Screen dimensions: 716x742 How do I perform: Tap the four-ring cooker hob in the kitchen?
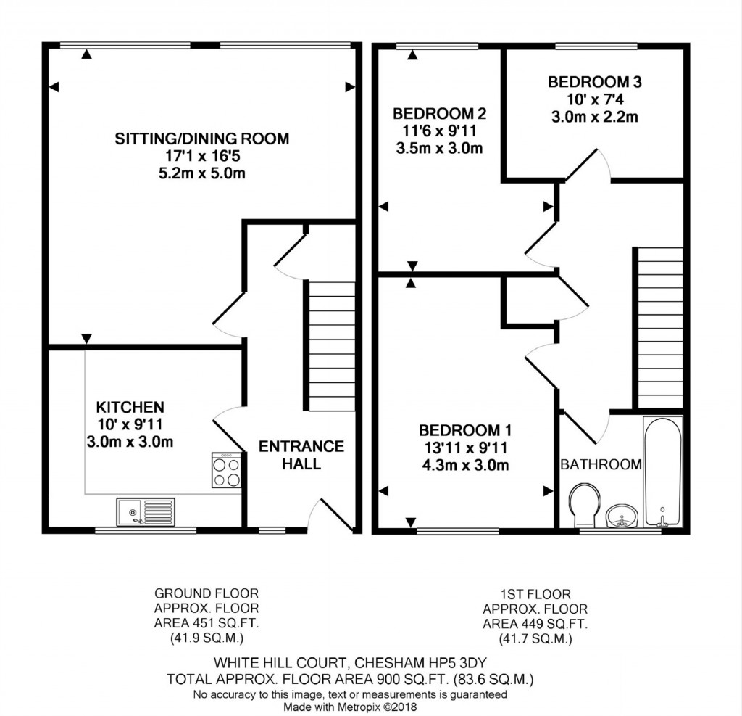[x=226, y=470]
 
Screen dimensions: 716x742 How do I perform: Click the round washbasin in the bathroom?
[x=620, y=517]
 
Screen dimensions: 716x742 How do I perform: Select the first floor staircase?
[x=659, y=327]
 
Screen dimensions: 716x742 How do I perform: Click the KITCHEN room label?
[x=130, y=408]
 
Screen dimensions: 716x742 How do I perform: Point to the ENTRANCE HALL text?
[x=301, y=455]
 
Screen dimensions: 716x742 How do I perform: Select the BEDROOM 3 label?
[x=594, y=82]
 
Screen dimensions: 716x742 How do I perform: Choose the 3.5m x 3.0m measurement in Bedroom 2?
[x=439, y=149]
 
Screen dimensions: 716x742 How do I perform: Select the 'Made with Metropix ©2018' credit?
[x=350, y=706]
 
